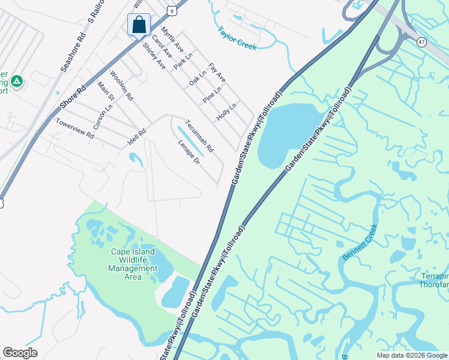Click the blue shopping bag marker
pyautogui.click(x=139, y=25)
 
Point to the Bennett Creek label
pyautogui.click(x=360, y=242)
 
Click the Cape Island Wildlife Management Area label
pyautogui.click(x=133, y=264)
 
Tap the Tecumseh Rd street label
pyautogui.click(x=199, y=136)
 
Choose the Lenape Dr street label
pyautogui.click(x=188, y=153)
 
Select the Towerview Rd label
pyautogui.click(x=76, y=128)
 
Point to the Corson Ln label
pyautogui.click(x=103, y=118)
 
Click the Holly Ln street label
pyautogui.click(x=227, y=112)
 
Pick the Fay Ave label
pyautogui.click(x=217, y=73)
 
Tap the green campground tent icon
pyautogui.click(x=17, y=80)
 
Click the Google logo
pyautogui.click(x=20, y=353)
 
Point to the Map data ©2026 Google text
pyautogui.click(x=412, y=355)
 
